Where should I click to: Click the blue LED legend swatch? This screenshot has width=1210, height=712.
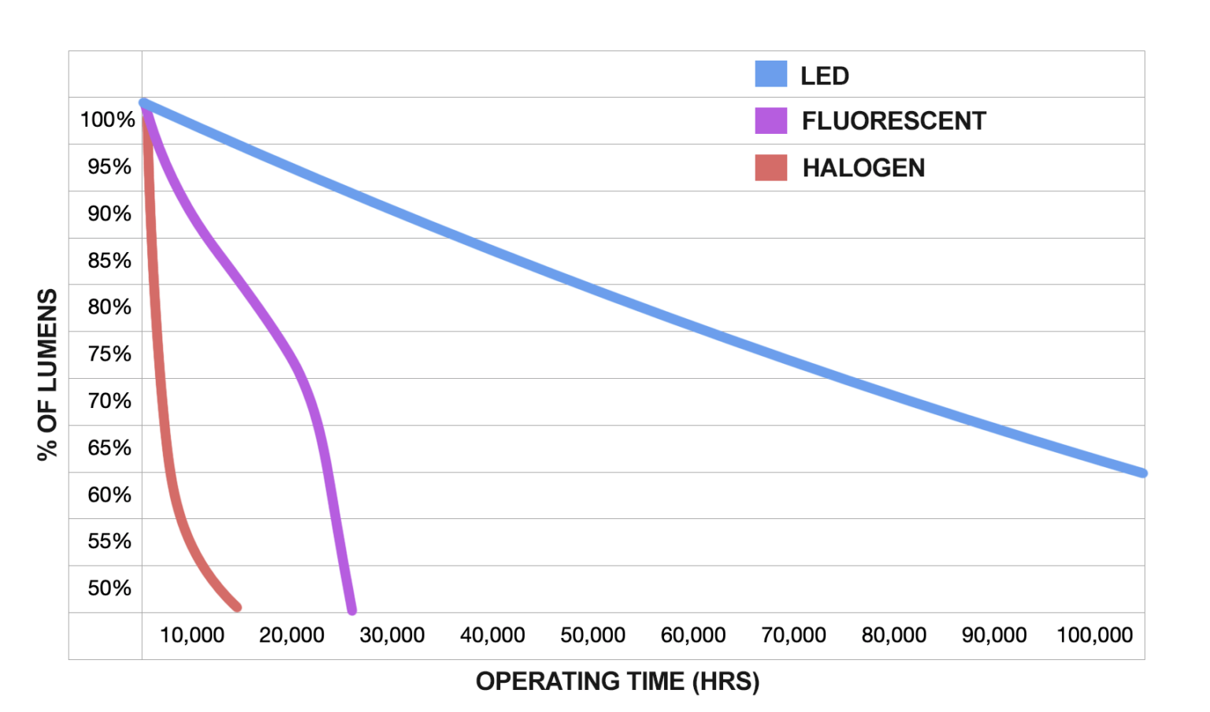[x=770, y=74]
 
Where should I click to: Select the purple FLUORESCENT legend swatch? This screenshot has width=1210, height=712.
[x=770, y=121]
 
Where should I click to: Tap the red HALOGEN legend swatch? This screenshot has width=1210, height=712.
[x=770, y=168]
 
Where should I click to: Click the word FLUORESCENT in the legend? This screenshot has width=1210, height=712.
[x=893, y=121]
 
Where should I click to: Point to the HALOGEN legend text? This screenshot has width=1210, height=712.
[x=863, y=168]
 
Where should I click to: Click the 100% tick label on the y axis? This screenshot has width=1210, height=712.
[x=107, y=120]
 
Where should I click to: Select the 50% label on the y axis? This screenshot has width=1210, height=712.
[x=109, y=588]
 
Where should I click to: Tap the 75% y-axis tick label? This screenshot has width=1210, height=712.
[x=109, y=354]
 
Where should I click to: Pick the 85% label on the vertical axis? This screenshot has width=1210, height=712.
[x=109, y=261]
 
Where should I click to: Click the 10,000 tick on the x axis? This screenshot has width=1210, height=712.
[x=192, y=636]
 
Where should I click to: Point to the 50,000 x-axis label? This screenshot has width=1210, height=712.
[x=592, y=636]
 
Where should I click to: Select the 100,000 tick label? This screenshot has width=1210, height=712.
[x=1094, y=636]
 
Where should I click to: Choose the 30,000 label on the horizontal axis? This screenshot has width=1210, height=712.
[x=392, y=636]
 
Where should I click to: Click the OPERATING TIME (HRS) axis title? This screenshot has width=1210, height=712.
[x=618, y=681]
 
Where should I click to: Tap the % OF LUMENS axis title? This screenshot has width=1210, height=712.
[x=47, y=374]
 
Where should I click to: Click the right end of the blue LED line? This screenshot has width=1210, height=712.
[x=1142, y=473]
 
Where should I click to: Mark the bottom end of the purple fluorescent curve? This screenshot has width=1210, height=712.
[x=352, y=610]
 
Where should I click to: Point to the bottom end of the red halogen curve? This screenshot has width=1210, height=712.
[x=237, y=607]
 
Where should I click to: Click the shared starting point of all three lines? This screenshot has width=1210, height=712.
[x=144, y=103]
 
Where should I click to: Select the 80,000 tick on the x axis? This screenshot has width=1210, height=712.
[x=893, y=636]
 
